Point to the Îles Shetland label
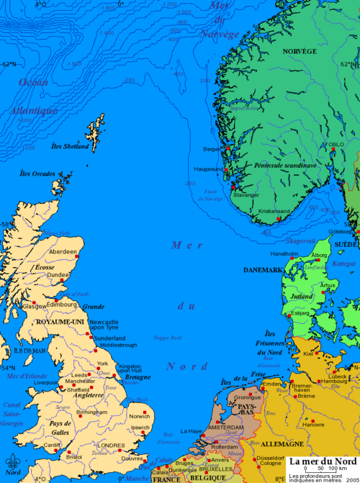point(71,147)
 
